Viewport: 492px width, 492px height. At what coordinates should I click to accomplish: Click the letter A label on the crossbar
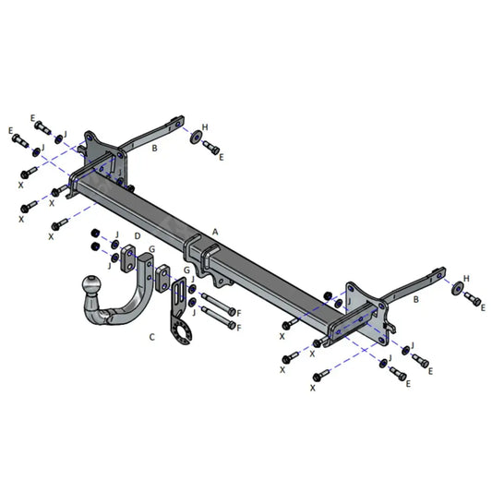pyautogui.click(x=215, y=233)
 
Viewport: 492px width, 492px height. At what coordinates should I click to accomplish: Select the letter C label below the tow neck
pyautogui.click(x=152, y=337)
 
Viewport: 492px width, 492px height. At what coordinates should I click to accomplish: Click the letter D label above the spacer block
pyautogui.click(x=138, y=235)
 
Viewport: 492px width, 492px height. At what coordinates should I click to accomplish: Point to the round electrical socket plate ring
pyautogui.click(x=182, y=333)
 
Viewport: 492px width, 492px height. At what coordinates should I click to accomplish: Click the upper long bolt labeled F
pyautogui.click(x=218, y=304)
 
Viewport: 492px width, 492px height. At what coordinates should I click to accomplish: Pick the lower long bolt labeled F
pyautogui.click(x=218, y=317)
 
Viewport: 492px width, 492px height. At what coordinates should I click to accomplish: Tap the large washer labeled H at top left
pyautogui.click(x=196, y=138)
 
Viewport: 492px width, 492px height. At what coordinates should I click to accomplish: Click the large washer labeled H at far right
pyautogui.click(x=458, y=288)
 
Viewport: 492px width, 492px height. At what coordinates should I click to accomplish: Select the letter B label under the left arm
pyautogui.click(x=154, y=148)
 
